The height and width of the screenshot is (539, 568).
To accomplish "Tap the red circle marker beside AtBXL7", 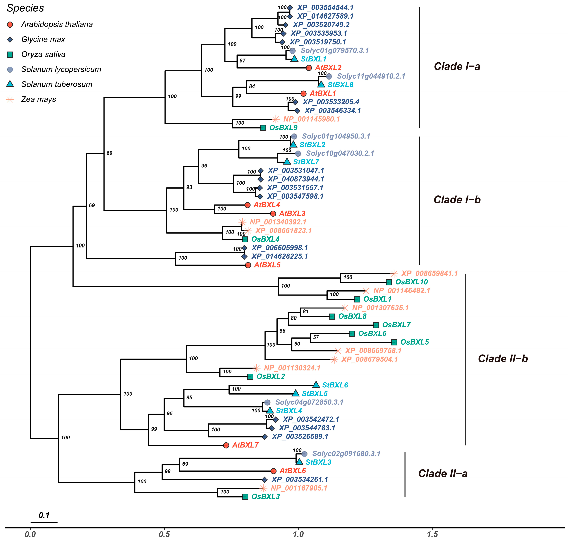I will coord(226,445).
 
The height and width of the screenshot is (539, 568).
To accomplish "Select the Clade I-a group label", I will coord(457,67).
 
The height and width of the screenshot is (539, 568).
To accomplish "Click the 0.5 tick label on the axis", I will coord(164,534).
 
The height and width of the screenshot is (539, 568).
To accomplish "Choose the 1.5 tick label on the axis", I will coord(432,534).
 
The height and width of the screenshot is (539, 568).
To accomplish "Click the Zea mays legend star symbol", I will coord(10,100).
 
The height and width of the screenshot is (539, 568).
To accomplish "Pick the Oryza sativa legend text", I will coord(43,54).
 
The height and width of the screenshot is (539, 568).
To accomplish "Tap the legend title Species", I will coord(25,8).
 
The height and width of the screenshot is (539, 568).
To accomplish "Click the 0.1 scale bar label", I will coord(44,515).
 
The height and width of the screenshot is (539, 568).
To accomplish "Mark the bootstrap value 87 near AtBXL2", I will coord(242,61).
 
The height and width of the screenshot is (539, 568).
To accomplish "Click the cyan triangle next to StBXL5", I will coord(296,393).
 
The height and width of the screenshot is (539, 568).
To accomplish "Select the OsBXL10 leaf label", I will coord(411,282).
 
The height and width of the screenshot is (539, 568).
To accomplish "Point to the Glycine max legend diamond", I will coord(10,40).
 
